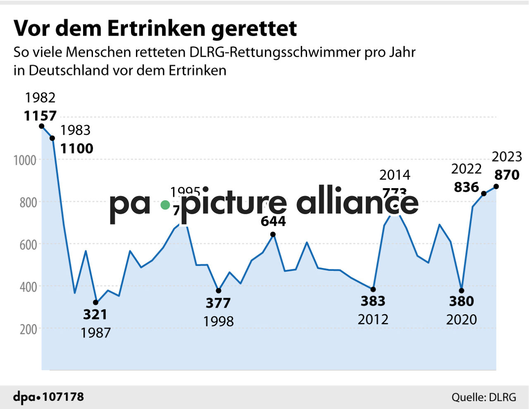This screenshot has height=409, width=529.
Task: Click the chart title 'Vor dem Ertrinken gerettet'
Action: coord(155,28)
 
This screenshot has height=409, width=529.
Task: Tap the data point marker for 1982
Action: coord(41,126)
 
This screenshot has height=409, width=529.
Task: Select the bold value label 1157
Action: coord(40,116)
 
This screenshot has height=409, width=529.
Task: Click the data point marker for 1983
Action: coord(52,138)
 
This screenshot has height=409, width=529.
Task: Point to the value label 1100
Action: coord(77,148)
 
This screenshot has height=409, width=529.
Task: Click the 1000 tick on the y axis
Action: coord(25,160)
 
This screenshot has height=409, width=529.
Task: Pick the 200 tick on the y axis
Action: coord(28,330)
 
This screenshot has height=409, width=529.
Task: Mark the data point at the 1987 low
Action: coord(96,302)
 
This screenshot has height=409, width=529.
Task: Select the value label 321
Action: coord(95,315)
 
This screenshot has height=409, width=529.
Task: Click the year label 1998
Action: coord(218,321)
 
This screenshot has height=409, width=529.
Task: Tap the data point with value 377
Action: coord(219,291)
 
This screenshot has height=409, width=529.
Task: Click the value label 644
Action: coord(273,222)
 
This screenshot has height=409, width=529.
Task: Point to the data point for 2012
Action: coord(373,289)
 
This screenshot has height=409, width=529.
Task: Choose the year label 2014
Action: coord(395,175)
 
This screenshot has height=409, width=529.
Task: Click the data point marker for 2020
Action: coord(462,290)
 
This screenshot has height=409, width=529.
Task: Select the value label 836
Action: coord(466,187)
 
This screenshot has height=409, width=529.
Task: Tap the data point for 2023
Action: coord(496,187)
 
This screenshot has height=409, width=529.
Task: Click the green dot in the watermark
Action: coord(165,205)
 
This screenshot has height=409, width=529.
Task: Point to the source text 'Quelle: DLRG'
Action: coord(484,397)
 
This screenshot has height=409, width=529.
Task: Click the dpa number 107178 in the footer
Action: coord(63,397)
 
